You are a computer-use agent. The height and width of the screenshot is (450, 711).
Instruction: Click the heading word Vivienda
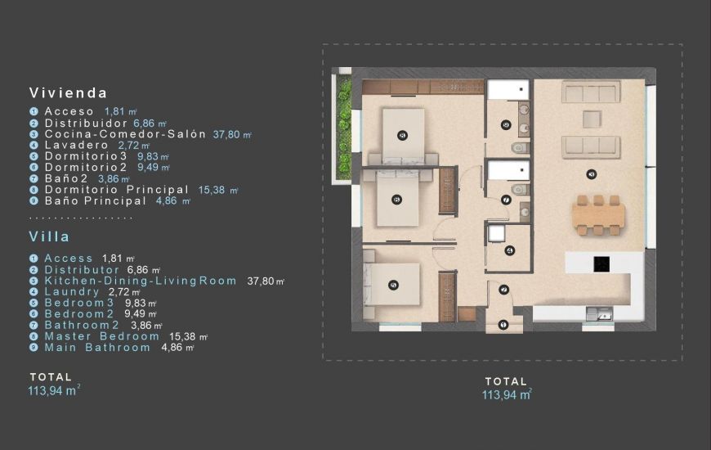(69, 92)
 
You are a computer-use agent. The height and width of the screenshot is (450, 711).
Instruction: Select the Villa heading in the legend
(50, 236)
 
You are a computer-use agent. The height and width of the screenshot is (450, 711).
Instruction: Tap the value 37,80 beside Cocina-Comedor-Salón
(229, 134)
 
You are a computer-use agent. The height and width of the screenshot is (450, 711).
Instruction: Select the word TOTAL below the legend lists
(51, 377)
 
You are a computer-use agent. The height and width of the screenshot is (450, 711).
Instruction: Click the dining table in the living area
(599, 215)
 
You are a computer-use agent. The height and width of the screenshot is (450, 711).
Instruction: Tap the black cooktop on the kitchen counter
(601, 264)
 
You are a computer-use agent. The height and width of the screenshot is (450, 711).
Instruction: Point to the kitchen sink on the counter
(604, 314)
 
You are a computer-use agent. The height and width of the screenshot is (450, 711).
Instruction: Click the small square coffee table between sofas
(592, 119)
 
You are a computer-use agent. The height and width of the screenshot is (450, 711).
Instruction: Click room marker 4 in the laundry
(509, 251)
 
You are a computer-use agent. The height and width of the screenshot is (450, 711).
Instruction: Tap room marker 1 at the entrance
(503, 325)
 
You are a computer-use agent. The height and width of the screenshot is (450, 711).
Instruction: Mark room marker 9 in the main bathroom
(506, 125)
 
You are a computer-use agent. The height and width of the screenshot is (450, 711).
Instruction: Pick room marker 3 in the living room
(591, 173)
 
